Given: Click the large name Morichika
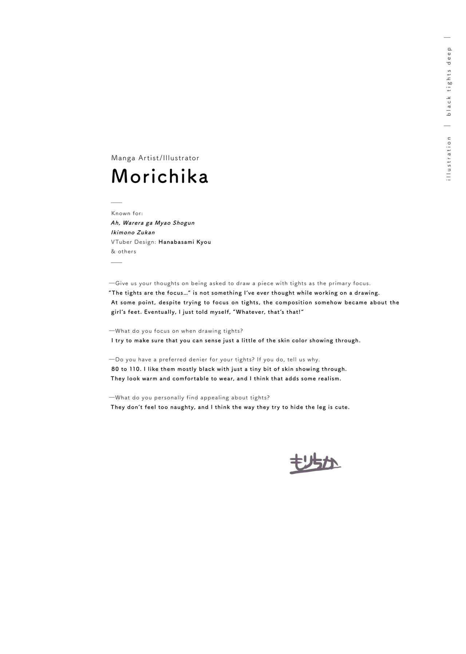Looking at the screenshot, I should click(159, 176).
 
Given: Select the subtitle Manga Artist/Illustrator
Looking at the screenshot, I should click(155, 158).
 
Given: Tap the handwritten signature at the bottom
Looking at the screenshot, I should click(315, 464).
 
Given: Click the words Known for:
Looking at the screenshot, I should click(127, 214).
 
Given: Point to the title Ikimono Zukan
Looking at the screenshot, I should click(133, 232).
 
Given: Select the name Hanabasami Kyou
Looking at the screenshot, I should click(185, 242).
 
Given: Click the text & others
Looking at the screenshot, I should click(123, 251).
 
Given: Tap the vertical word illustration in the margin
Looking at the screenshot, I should click(449, 159).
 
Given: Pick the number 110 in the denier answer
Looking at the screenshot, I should click(135, 369).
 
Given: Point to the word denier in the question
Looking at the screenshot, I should click(198, 359).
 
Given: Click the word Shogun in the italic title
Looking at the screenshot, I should click(183, 223).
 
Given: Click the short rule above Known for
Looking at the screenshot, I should click(116, 203).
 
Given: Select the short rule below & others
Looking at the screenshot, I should click(116, 262).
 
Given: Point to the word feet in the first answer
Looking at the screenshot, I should click(134, 312).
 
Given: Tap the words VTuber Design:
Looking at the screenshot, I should click(133, 242).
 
